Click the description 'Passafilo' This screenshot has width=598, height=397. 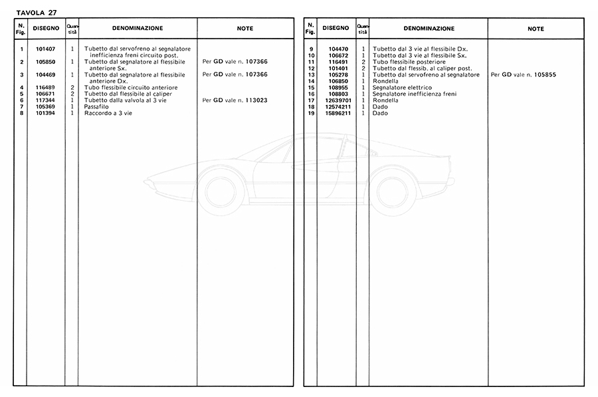96,106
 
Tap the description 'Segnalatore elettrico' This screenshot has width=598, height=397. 402,88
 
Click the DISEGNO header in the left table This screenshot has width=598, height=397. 47,29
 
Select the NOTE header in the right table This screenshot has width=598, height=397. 536,29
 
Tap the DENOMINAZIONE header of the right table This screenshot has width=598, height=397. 428,29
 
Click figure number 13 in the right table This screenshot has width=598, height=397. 311,74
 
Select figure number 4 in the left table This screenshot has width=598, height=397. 22,88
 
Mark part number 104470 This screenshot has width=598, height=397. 338,49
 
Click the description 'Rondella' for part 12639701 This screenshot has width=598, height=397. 385,100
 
